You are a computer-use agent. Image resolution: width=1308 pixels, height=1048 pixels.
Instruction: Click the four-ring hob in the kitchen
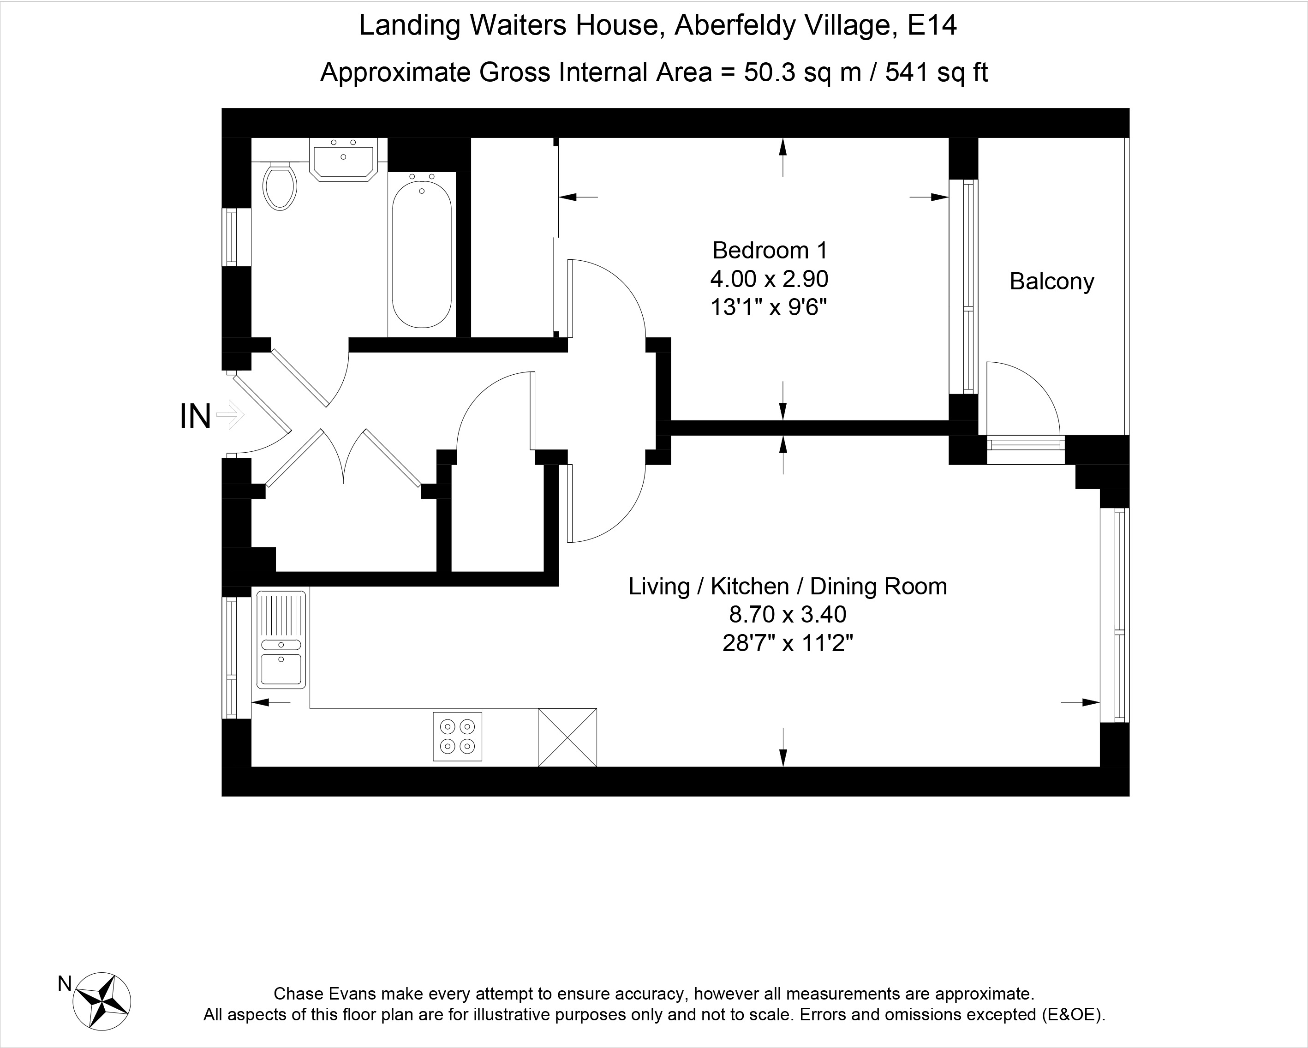click(x=457, y=736)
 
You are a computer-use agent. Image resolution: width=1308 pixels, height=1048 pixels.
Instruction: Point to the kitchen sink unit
click(x=281, y=640)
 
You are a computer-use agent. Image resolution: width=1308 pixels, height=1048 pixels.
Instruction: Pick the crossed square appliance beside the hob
click(x=567, y=737)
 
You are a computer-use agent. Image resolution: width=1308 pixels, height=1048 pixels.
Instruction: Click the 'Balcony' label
click(x=1051, y=281)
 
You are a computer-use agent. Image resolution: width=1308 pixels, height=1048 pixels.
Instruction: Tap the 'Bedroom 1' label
click(x=769, y=250)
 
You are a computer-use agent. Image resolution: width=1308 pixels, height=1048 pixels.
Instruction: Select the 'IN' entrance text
click(x=195, y=417)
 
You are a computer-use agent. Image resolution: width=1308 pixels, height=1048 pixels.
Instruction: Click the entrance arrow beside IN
click(x=231, y=415)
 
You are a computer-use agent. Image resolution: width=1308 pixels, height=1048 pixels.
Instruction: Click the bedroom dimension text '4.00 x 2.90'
click(x=769, y=279)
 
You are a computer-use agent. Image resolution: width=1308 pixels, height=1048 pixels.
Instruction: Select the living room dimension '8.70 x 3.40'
click(x=788, y=615)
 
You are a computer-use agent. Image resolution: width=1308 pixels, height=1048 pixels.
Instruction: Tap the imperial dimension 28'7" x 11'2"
click(x=788, y=643)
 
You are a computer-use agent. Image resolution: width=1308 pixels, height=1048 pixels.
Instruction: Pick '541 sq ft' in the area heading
click(x=937, y=72)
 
